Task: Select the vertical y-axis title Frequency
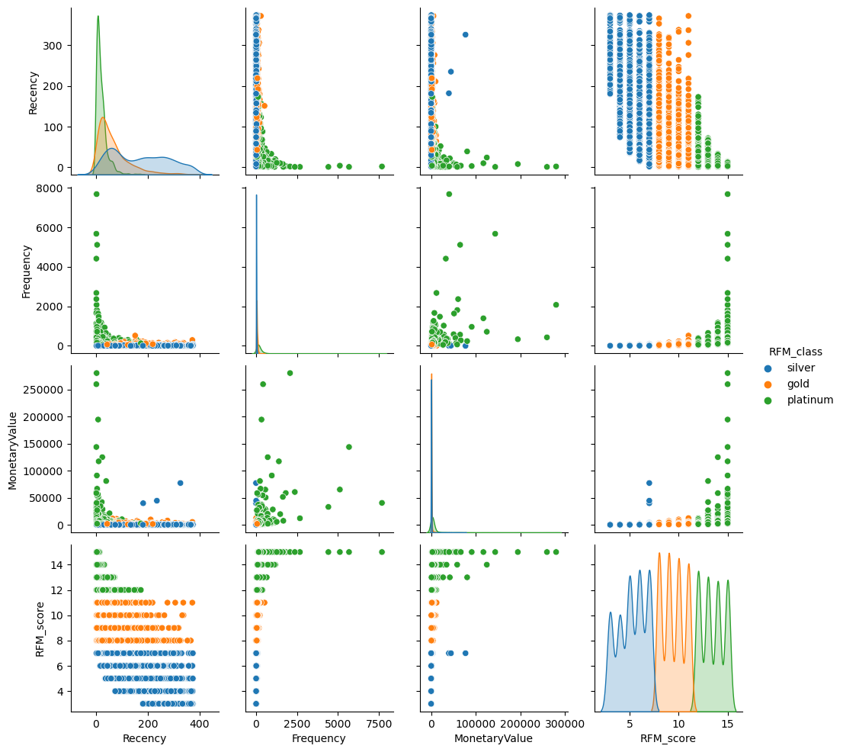pos(26,271)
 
